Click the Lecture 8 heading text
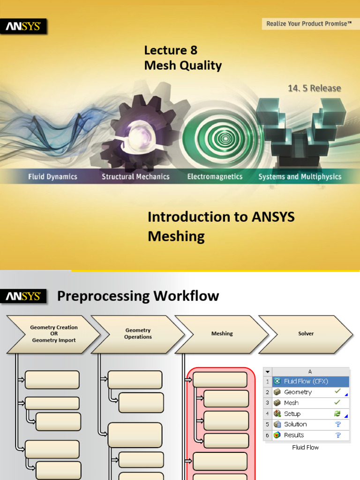point(171,50)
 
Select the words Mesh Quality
point(183,66)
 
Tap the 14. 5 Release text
point(314,88)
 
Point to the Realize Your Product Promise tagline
point(309,23)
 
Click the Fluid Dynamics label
point(52,177)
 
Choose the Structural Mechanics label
point(135,177)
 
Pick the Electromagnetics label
point(215,177)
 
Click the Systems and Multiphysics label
point(300,177)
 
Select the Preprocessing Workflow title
point(138,296)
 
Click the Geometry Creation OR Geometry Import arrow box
point(53,334)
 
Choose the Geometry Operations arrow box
point(137,334)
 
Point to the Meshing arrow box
point(222,334)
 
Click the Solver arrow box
point(306,334)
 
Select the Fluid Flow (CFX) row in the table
point(310,381)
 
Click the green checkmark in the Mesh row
point(337,403)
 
